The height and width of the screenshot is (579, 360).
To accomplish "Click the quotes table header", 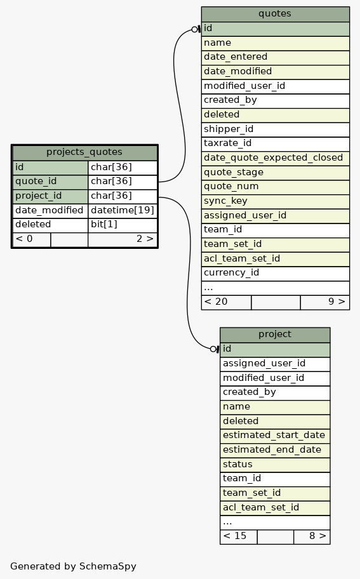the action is (275, 14).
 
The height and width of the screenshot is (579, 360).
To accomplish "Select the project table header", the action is (275, 335).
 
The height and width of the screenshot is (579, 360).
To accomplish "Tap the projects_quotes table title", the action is (84, 152).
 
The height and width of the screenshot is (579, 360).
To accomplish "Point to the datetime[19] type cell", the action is (123, 210).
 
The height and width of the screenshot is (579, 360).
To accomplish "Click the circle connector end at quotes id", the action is (194, 29).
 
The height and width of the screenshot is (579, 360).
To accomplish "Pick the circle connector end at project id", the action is (213, 349).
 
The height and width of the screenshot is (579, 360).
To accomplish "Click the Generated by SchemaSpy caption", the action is (73, 566).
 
